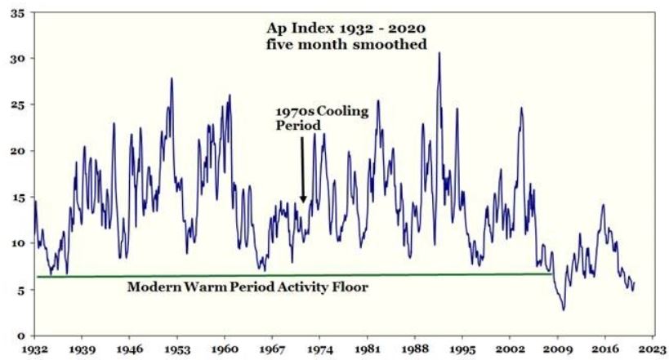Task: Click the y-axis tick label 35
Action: point(16,14)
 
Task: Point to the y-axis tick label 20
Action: point(16,151)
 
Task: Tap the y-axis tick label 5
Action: point(20,289)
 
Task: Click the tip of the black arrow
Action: point(303,203)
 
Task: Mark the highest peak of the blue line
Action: point(439,53)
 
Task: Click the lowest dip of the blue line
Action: point(563,309)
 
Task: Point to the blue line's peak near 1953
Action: point(172,78)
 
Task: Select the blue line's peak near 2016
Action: point(603,205)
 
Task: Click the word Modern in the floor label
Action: point(151,287)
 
